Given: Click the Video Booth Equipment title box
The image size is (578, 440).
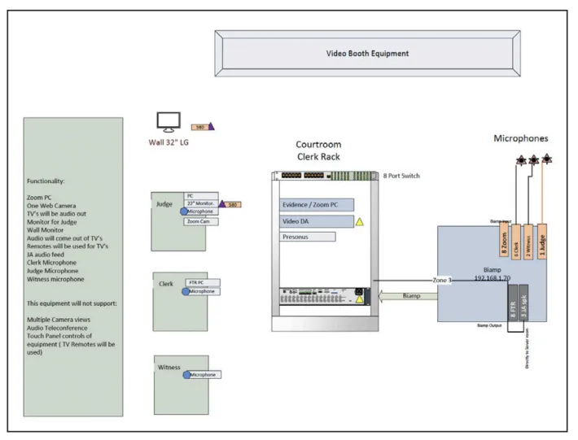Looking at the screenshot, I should pyautogui.click(x=367, y=54).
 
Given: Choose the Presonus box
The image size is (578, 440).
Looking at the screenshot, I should pyautogui.click(x=307, y=237).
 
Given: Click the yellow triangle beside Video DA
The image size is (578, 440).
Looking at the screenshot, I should pyautogui.click(x=359, y=221).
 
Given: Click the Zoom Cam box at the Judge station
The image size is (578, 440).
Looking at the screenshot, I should pyautogui.click(x=199, y=221).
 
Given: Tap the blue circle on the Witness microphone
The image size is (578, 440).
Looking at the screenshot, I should pyautogui.click(x=186, y=375).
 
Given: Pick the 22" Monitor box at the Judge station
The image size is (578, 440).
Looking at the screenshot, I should pyautogui.click(x=201, y=203).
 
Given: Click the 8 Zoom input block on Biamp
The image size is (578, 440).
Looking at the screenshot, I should pyautogui.click(x=504, y=242).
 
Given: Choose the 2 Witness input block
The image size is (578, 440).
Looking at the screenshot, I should pyautogui.click(x=528, y=242).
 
